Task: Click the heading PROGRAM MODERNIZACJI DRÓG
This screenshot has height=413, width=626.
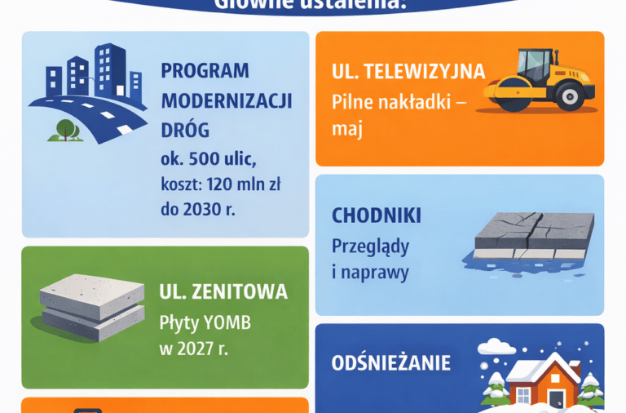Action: [226, 100]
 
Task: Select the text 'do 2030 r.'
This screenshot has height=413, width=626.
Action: [197, 209]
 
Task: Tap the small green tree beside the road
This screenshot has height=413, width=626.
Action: [65, 128]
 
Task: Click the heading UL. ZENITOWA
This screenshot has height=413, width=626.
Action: [223, 291]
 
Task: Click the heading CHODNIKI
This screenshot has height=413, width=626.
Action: [377, 216]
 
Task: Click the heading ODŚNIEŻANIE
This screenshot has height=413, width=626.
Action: [391, 362]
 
